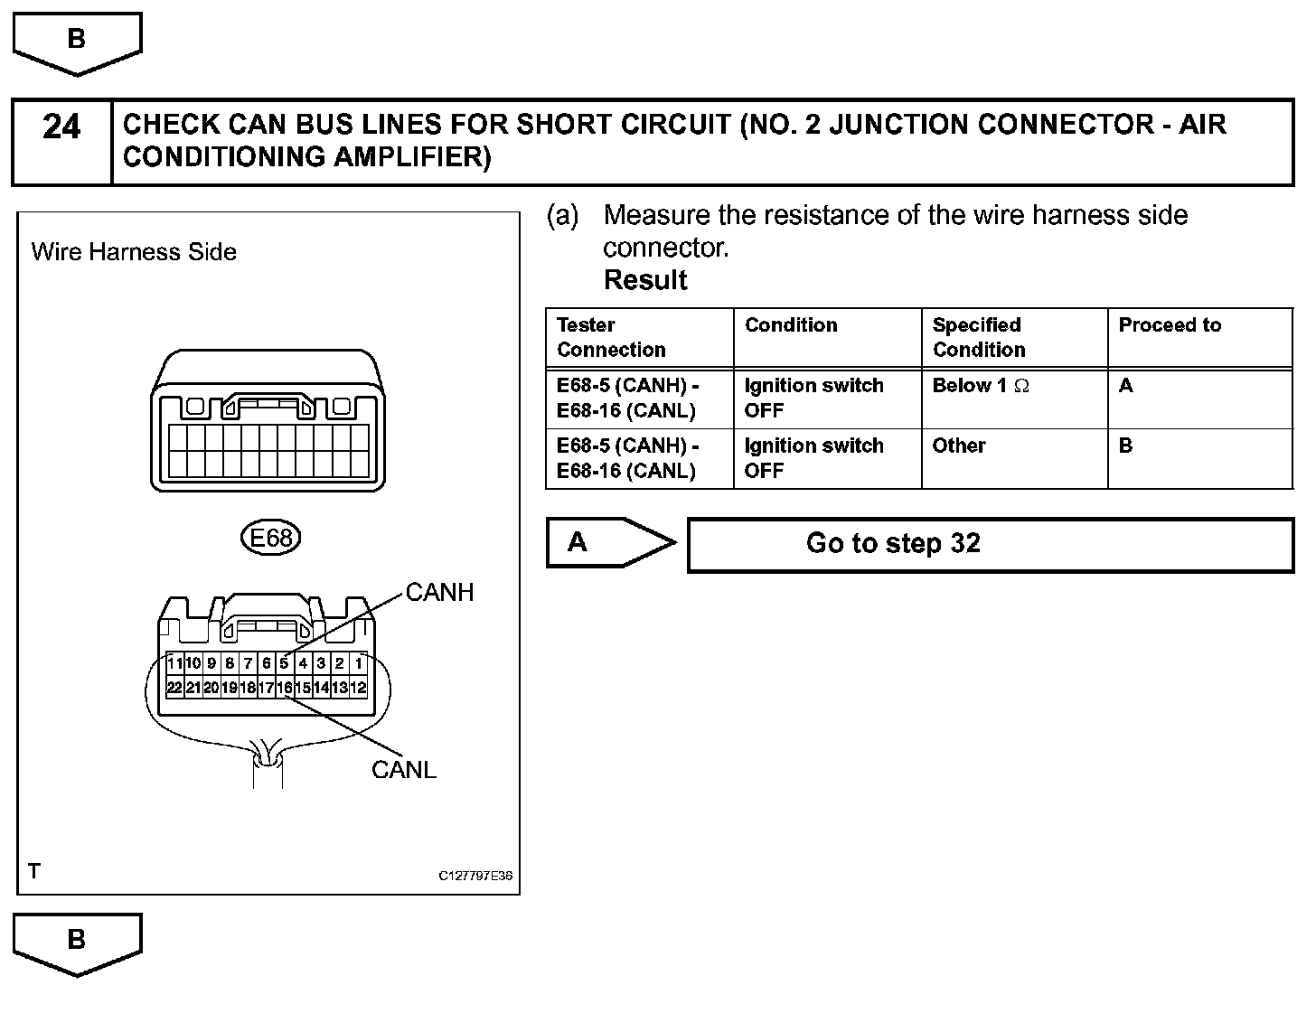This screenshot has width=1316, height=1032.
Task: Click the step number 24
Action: coord(61,127)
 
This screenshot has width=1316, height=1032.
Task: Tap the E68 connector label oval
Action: coord(270,539)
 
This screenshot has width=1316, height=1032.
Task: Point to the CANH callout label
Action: coord(439,593)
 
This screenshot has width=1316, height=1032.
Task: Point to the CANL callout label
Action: coord(404,770)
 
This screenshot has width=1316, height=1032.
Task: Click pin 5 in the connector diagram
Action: coord(285,663)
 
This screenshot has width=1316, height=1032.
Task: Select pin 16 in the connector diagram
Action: coord(285,688)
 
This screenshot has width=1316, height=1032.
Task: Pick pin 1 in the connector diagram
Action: coord(359,663)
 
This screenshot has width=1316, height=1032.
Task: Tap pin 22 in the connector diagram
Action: coord(174,688)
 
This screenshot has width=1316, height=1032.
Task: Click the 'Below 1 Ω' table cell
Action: coord(981,386)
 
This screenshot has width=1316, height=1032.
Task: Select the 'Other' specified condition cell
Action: coord(959,446)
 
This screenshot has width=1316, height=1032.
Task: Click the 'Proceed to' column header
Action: coord(1170,325)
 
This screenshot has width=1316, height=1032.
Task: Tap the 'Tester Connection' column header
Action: coord(611,337)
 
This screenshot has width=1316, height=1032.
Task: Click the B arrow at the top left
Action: coord(77,41)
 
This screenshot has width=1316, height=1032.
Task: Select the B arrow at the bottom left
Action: coord(77,942)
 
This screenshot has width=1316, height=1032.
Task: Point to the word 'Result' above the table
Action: coord(645,280)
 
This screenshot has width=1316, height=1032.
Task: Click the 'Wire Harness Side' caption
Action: coord(134,252)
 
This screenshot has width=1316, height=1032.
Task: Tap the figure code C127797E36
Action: coord(475,876)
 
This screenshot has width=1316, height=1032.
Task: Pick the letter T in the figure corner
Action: coord(34,871)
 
